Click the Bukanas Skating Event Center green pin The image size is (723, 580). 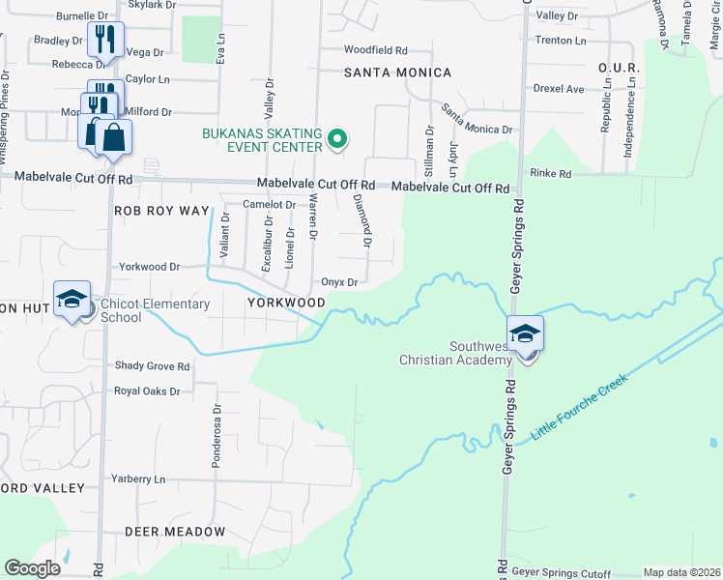point(336,139)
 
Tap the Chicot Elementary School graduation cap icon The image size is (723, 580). point(72,299)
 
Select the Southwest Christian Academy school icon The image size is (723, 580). point(525,334)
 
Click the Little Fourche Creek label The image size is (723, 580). point(579,407)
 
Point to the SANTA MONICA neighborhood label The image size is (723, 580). point(397,72)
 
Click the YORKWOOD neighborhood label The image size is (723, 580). point(286,302)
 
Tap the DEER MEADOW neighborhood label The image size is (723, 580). point(174,532)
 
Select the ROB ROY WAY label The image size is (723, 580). point(161,210)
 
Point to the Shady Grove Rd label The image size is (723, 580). point(153,366)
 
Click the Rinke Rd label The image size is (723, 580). point(551,173)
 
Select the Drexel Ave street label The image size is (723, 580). point(561,89)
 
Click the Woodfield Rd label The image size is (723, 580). point(376,49)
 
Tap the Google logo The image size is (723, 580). point(32,568)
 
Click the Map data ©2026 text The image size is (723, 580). point(681,572)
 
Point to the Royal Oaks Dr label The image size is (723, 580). point(147,391)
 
